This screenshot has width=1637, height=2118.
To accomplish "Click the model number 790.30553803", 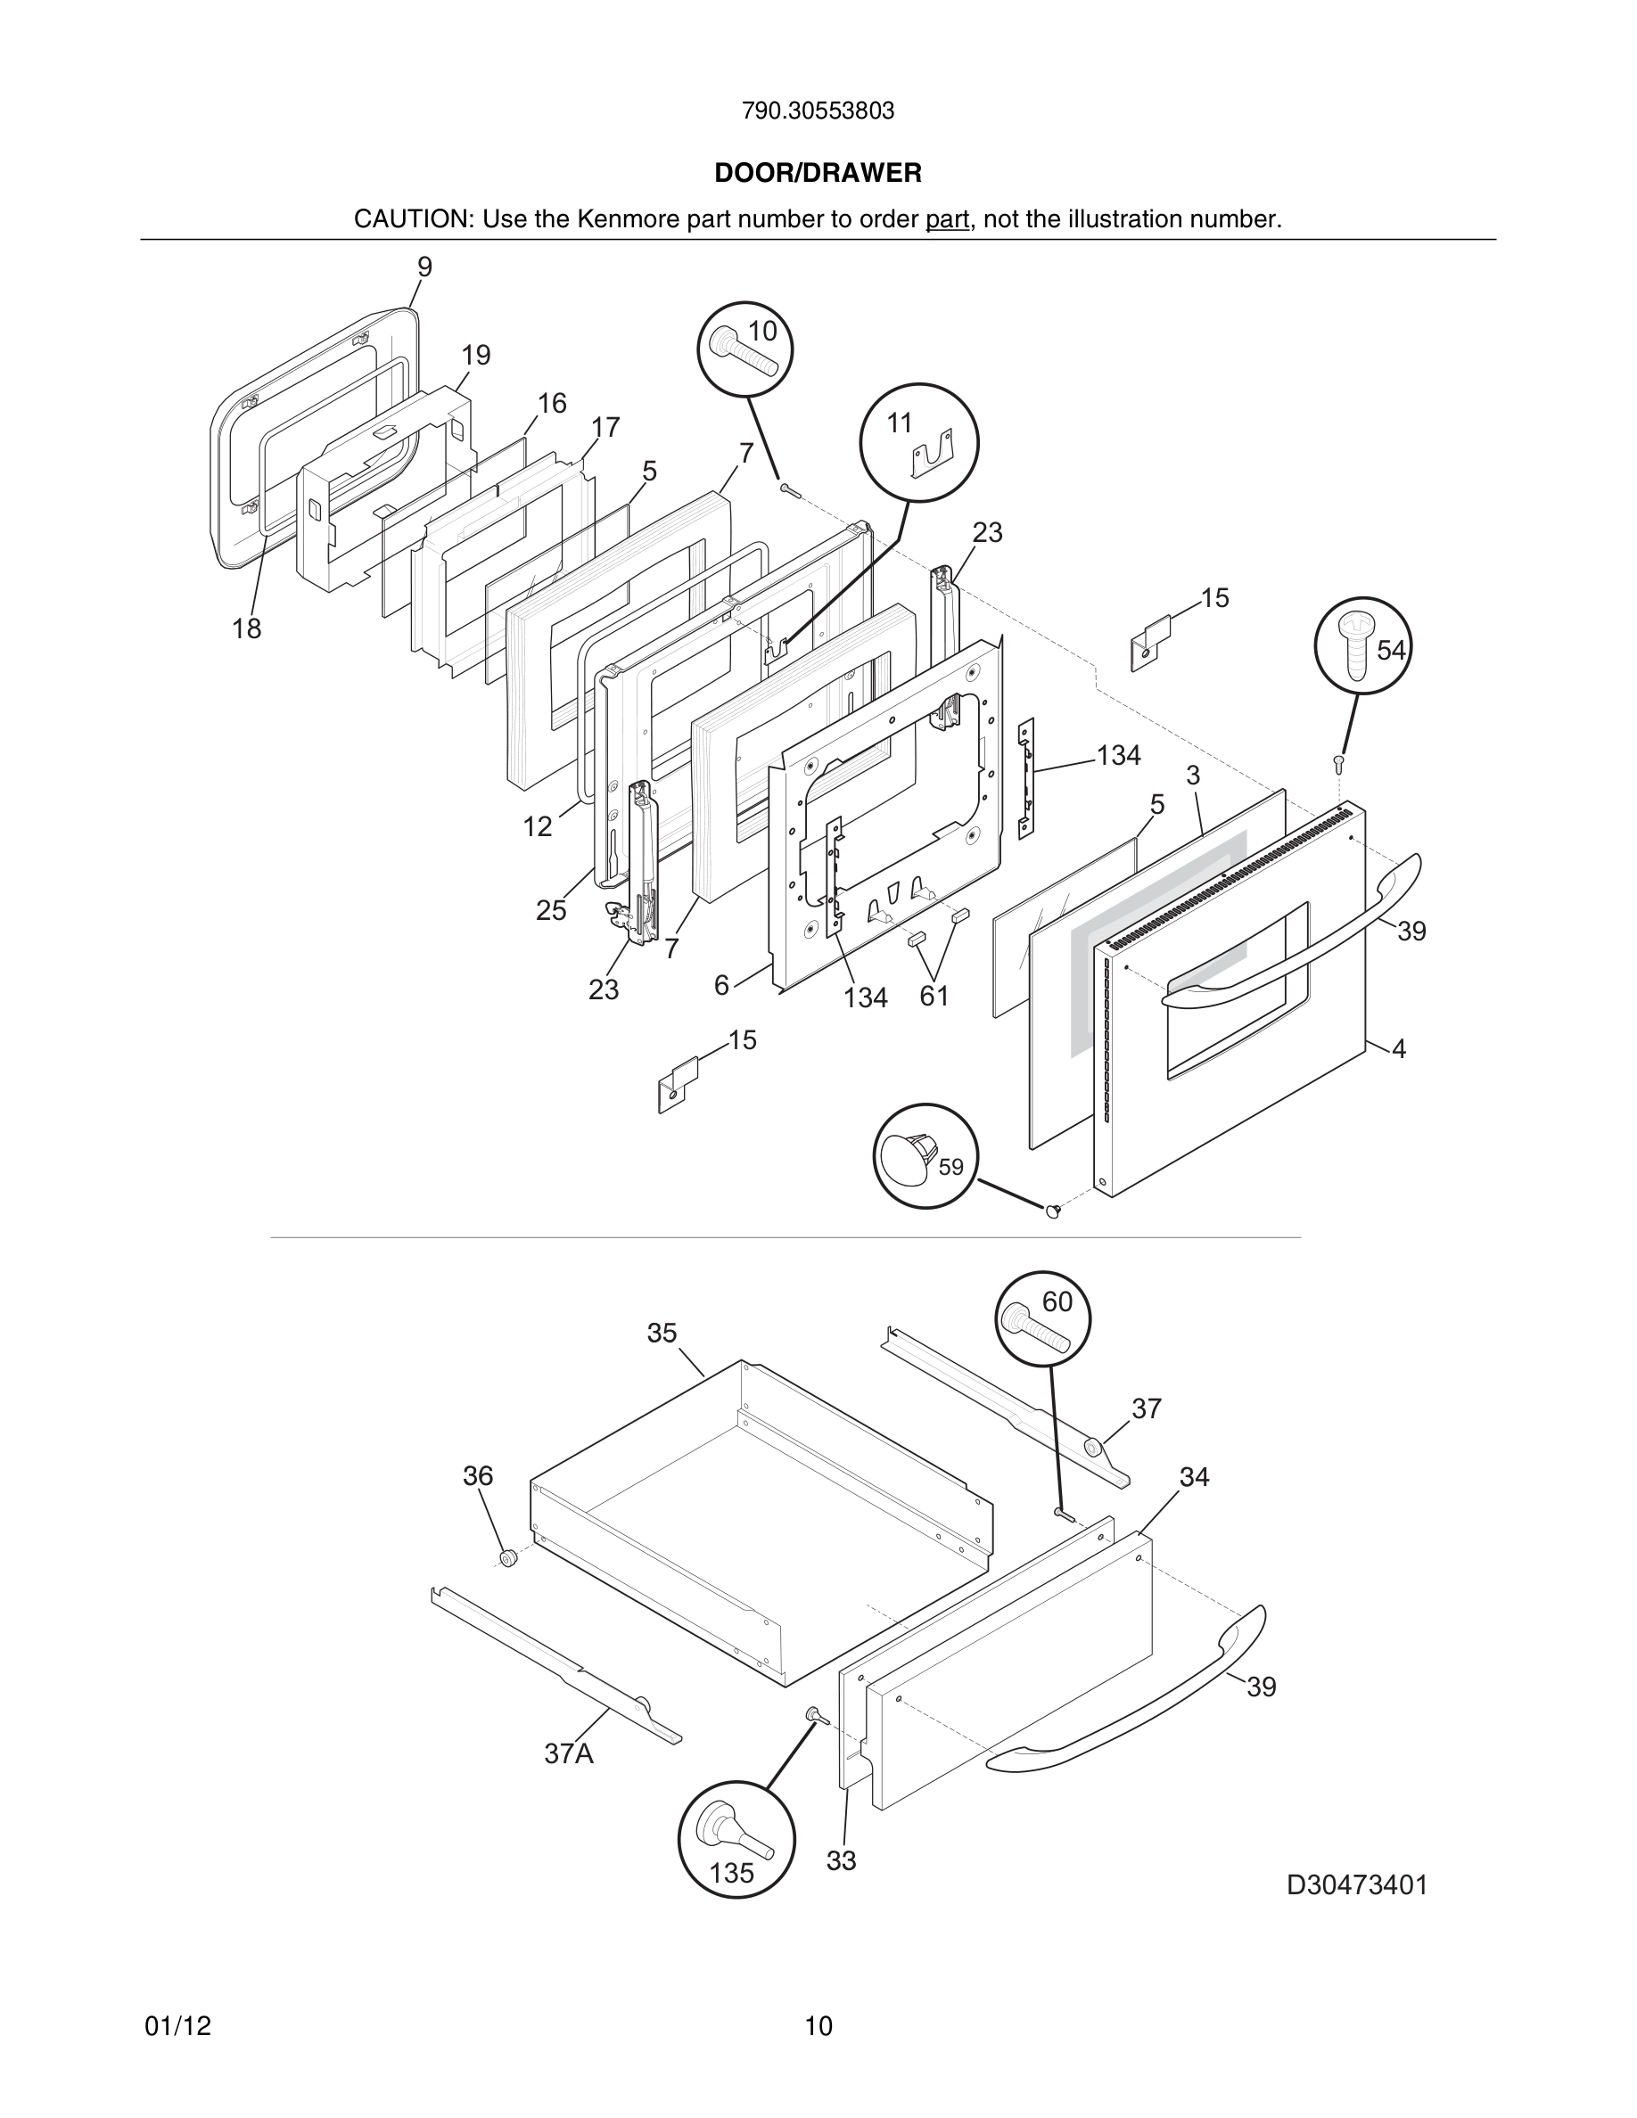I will [818, 111].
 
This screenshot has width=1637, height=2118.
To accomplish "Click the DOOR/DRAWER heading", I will [818, 174].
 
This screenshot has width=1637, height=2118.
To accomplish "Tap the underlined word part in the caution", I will [947, 220].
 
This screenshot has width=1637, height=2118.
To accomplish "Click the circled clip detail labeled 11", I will [918, 442].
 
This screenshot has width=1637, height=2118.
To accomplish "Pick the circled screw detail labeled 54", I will [1361, 644].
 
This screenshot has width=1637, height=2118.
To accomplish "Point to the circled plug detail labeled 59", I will [925, 1156].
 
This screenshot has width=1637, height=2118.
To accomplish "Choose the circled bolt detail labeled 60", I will [1042, 1319].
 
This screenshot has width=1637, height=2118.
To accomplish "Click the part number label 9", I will [424, 267].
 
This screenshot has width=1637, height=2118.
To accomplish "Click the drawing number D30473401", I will [1357, 1885].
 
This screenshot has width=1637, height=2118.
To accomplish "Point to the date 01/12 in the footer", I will [177, 2026].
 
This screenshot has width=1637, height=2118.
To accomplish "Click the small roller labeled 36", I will [506, 1558].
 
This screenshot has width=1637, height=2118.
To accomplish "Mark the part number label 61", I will [934, 996].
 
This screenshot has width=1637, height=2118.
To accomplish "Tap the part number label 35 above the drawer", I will [662, 1334].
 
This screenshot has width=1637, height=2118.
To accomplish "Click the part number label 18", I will [246, 629].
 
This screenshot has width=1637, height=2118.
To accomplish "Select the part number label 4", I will [1398, 1048].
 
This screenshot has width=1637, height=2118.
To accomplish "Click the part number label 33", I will [841, 1861].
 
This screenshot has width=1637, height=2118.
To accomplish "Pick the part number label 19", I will [475, 356].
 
